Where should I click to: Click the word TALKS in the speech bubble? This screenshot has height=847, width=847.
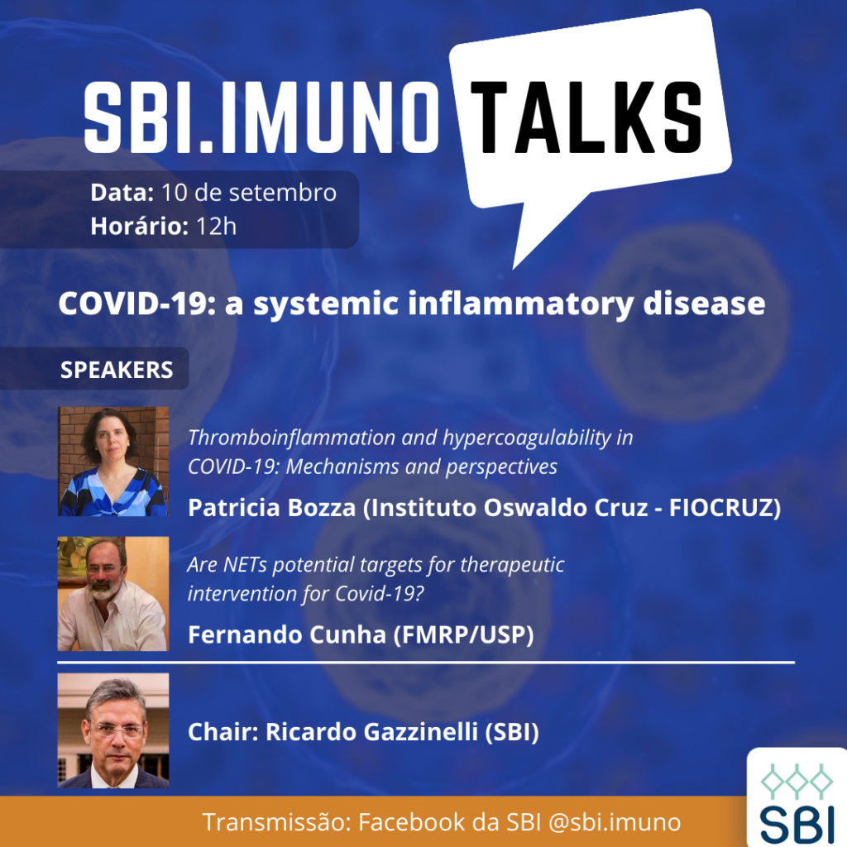586,117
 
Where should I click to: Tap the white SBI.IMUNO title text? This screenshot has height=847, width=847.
261,117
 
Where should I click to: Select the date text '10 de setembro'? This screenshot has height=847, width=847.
248,192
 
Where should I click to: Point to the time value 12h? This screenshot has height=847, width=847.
216,227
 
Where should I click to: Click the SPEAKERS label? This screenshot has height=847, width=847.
117,370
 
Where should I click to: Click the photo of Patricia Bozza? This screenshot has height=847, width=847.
112,462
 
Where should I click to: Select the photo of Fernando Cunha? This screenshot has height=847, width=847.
112,593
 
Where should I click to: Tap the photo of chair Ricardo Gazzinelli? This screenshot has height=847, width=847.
112,730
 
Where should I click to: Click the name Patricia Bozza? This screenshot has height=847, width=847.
271,508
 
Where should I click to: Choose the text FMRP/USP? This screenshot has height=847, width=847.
463,634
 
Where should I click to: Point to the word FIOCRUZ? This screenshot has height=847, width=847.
721,508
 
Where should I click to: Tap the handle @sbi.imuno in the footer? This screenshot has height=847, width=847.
615,822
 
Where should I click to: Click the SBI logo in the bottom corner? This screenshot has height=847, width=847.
797,797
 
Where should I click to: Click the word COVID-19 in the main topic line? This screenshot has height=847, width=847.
133,304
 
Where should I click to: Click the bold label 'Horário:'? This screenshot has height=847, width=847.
139,227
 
